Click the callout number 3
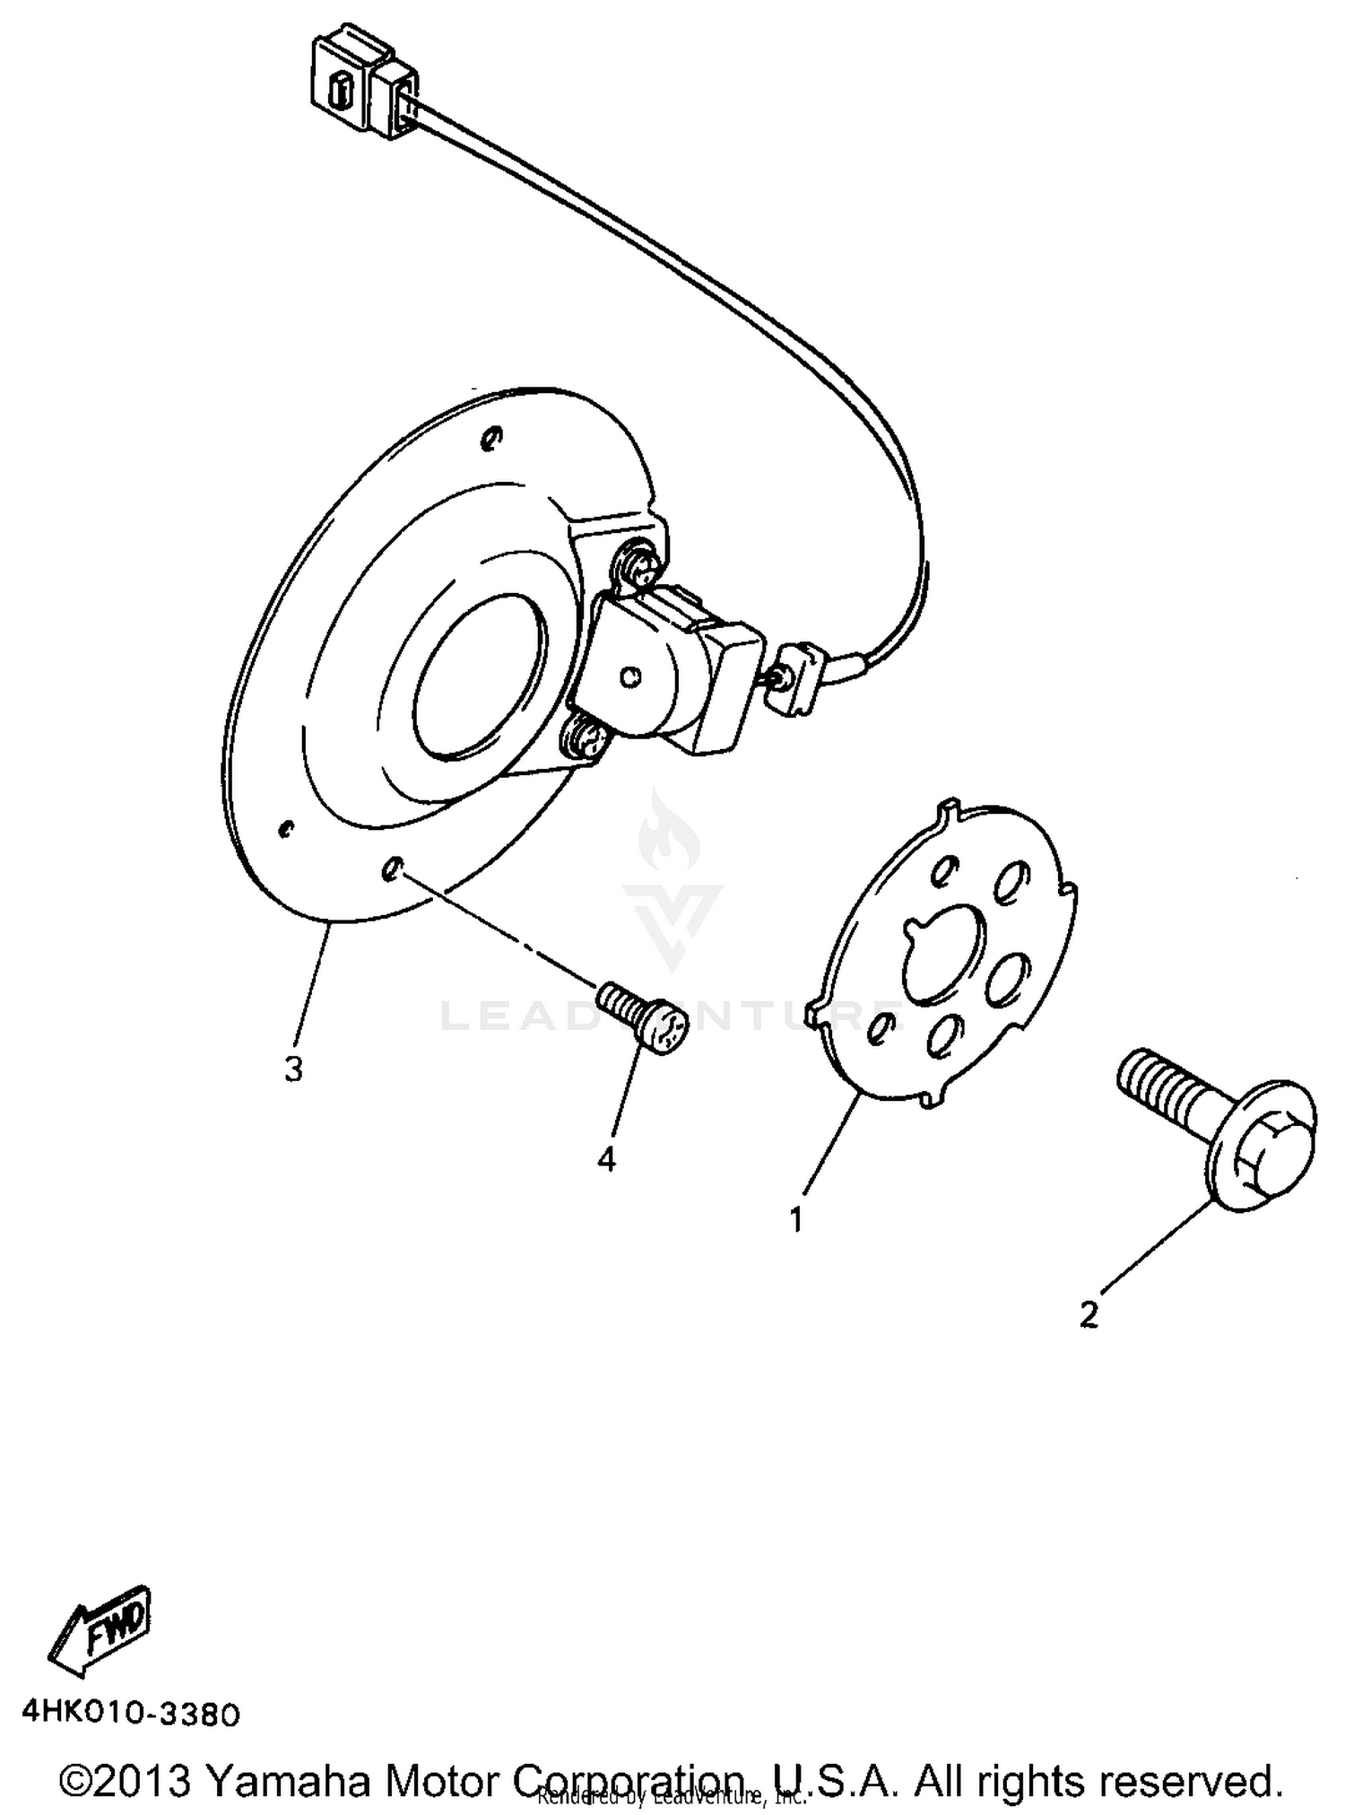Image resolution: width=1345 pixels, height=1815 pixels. (x=293, y=1069)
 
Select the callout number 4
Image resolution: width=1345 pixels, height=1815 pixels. (x=607, y=1159)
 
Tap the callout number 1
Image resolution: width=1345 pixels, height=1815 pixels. (x=796, y=1219)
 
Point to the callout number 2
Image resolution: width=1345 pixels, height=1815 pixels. (x=1089, y=1314)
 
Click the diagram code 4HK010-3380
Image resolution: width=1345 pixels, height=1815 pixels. (x=131, y=1714)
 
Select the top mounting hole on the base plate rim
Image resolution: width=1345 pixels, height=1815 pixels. (x=490, y=438)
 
